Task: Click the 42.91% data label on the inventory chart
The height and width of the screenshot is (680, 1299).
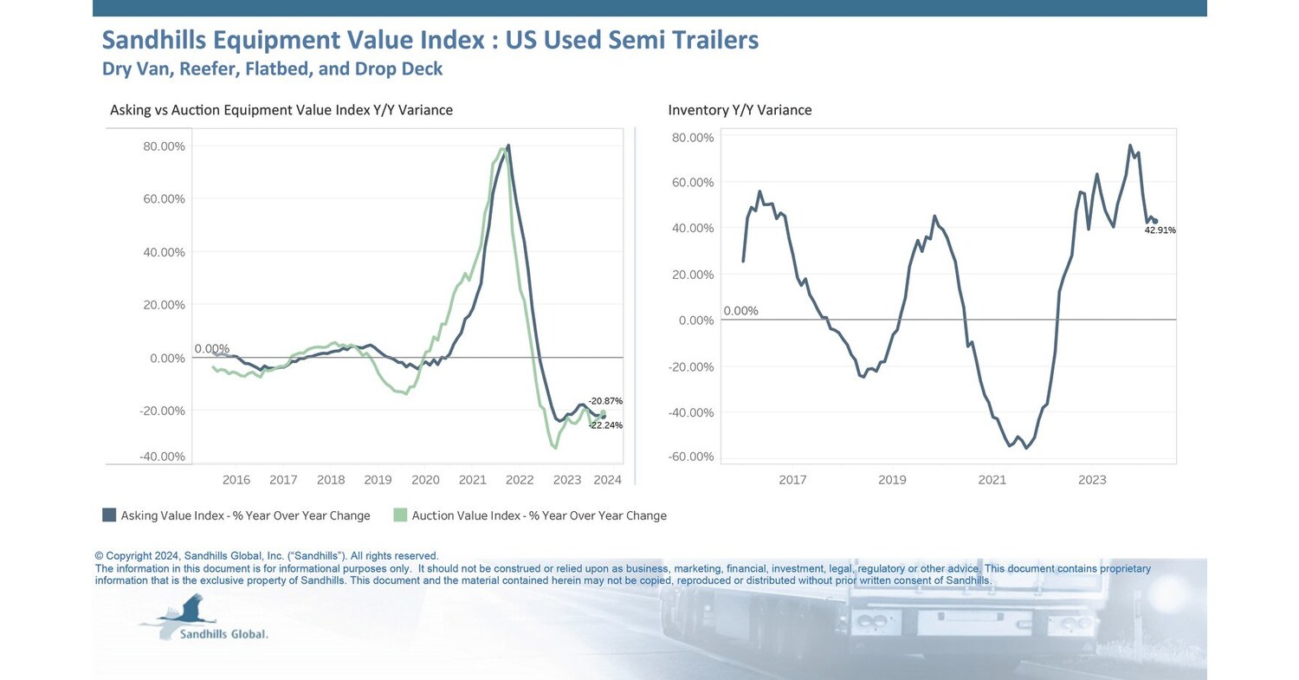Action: coord(1160,230)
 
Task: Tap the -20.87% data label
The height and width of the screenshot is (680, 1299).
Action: coord(605,401)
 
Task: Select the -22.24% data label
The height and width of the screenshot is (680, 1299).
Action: coord(605,425)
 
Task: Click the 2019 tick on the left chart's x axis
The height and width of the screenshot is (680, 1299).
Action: coord(378,480)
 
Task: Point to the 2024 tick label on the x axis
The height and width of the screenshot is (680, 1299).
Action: coord(608,480)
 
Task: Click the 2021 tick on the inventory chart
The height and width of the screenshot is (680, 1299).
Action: coord(992,480)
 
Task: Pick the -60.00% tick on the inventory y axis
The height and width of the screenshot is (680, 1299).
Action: coord(692,457)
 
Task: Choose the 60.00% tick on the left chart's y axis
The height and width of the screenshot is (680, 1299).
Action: coord(165,199)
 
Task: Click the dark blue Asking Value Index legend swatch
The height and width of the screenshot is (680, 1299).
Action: coord(109,515)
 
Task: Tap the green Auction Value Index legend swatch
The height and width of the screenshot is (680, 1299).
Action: coord(400,515)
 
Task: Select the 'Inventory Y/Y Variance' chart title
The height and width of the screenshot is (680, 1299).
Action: coord(740,110)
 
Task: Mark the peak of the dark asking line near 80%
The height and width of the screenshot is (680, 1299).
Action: coord(508,146)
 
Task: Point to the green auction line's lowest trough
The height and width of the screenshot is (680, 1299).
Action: coord(554,448)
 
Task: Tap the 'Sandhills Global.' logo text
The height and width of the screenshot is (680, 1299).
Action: coord(223,634)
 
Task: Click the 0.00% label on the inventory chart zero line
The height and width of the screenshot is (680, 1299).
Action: coord(740,311)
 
